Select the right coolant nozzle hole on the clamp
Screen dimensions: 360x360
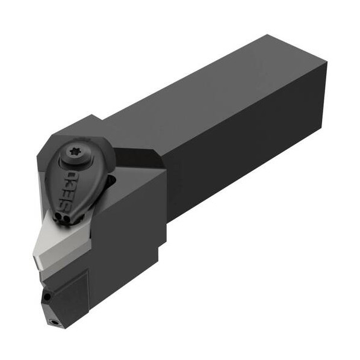click(x=66, y=219)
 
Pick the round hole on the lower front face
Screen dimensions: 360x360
click(x=48, y=297)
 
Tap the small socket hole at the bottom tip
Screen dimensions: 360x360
click(x=55, y=322)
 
